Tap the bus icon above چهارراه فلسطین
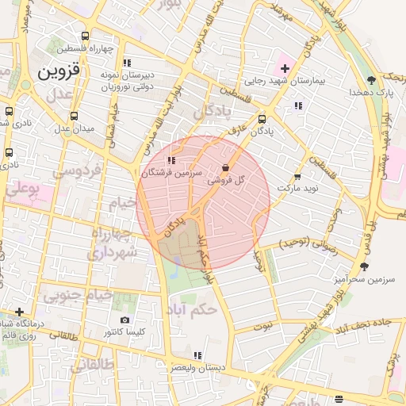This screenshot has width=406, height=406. [86, 36]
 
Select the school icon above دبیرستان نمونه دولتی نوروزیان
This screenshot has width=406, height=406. [126, 62]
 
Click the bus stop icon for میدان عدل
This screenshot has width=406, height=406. [74, 116]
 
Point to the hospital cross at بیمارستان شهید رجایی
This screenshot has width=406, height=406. [285, 68]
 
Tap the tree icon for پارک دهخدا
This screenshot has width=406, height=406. [371, 80]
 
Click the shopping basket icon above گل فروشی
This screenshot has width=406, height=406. [226, 168]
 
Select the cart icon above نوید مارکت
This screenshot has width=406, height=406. [297, 176]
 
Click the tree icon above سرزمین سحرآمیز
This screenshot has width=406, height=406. [364, 267]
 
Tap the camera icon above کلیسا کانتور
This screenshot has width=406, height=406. [125, 320]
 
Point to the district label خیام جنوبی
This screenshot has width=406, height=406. [69, 296]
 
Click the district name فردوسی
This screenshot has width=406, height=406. [76, 170]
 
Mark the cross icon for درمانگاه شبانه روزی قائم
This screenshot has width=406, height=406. [19, 312]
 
